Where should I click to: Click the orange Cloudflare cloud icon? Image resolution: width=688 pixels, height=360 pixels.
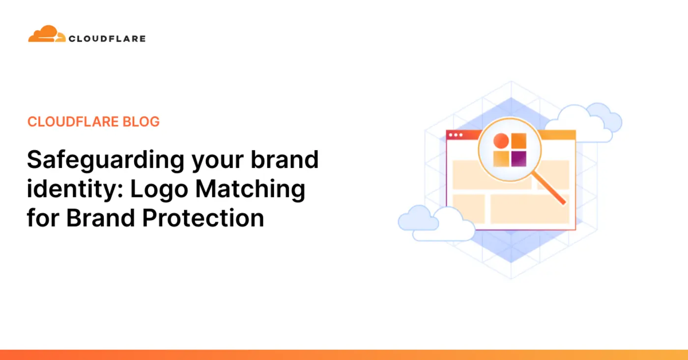pos(47,34)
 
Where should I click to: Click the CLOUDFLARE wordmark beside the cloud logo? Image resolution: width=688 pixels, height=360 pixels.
pos(107,39)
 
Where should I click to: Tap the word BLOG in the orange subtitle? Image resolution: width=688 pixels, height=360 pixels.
pos(141,121)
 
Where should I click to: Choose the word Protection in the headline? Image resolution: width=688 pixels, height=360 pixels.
pos(203,218)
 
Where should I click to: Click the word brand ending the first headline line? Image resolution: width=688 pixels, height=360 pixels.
pos(285,160)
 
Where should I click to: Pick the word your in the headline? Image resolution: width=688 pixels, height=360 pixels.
pos(217,163)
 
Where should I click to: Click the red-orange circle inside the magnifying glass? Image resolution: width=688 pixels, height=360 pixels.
pos(501,141)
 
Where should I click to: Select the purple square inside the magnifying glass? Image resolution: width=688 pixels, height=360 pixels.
pos(519,159)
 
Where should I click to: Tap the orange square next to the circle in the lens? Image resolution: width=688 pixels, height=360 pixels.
pos(519,141)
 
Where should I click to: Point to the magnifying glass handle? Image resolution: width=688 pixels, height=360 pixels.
pos(549,189)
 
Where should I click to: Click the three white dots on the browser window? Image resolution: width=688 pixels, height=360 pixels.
pos(456,135)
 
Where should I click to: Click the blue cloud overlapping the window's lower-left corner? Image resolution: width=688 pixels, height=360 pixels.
pos(436,223)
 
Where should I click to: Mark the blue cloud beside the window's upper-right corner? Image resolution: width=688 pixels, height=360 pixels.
pos(584,122)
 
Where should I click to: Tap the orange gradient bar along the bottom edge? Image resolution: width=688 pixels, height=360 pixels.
pos(344,355)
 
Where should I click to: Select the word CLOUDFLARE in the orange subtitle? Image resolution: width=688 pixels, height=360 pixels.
pos(73,121)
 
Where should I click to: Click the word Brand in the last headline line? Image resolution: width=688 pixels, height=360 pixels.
pos(101,218)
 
